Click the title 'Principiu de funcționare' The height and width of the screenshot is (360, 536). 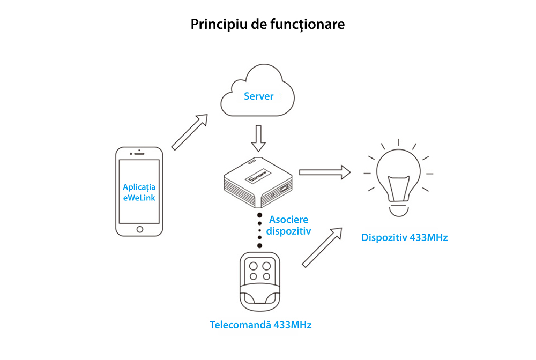click(x=267, y=25)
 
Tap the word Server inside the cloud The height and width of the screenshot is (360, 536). click(x=258, y=96)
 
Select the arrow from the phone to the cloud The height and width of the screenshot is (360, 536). click(x=189, y=131)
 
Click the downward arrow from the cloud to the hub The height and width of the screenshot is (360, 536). click(x=259, y=139)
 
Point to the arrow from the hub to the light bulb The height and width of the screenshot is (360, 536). click(x=324, y=172)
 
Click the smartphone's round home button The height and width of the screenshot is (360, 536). click(x=140, y=229)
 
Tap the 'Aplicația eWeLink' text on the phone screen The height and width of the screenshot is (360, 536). click(x=139, y=192)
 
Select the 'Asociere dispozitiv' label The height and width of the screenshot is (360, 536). click(x=289, y=226)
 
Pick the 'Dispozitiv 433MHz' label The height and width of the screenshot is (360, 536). click(x=404, y=237)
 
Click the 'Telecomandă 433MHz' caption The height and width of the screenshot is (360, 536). click(x=260, y=325)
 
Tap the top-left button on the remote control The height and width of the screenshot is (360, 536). click(x=251, y=265)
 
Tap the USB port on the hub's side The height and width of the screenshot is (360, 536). click(x=282, y=189)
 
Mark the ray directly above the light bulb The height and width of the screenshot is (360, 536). click(x=398, y=143)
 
